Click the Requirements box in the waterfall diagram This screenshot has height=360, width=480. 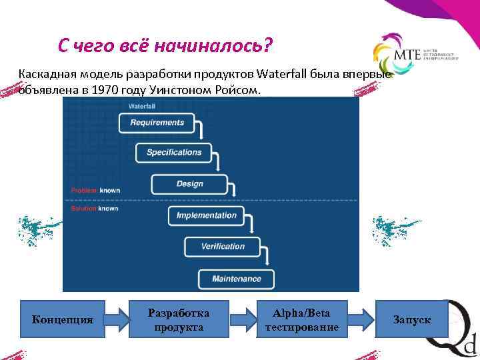(x=157, y=123)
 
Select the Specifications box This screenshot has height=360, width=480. (x=174, y=153)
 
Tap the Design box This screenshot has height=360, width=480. (x=190, y=184)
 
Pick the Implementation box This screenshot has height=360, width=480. (x=206, y=215)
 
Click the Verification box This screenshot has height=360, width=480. (x=223, y=247)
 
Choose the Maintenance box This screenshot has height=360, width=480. (x=236, y=278)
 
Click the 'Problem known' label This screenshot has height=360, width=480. (x=95, y=191)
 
